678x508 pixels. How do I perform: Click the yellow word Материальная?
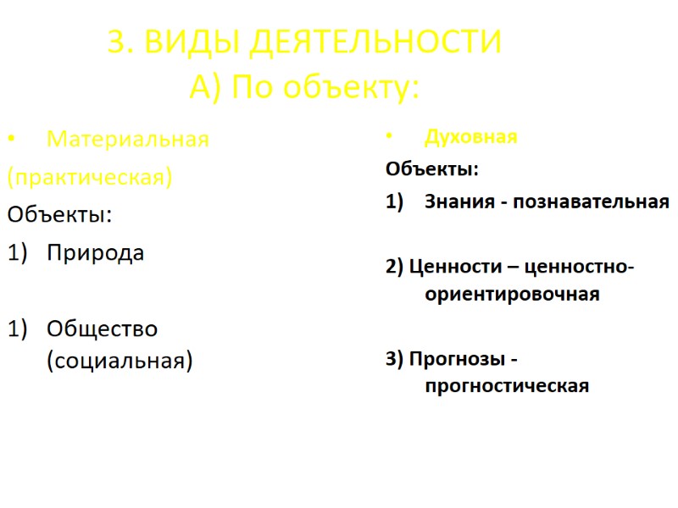[x=127, y=139]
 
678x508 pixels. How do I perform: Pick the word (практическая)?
[x=89, y=177]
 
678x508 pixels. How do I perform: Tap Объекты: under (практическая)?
[x=59, y=214]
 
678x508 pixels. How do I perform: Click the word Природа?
[x=95, y=252]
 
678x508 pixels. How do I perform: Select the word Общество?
[x=102, y=328]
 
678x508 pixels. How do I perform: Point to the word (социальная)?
[x=119, y=361]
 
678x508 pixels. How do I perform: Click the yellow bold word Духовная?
[x=470, y=137]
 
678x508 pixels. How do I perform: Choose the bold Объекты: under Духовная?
[x=431, y=169]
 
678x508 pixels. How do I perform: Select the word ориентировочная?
[x=512, y=295]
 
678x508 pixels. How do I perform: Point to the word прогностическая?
[x=507, y=386]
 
